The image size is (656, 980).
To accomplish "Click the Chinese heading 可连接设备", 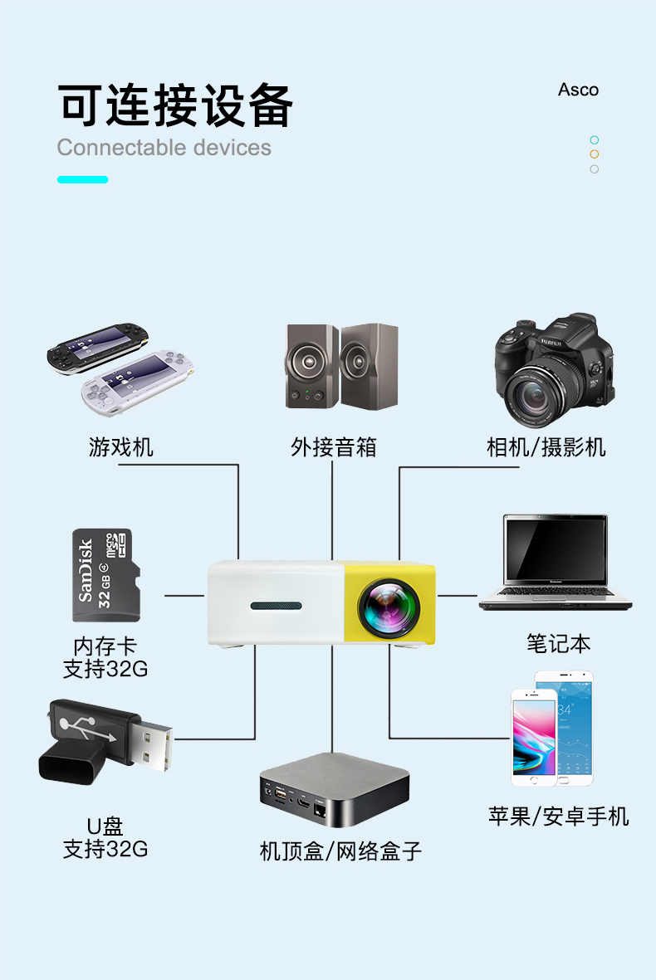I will click(x=175, y=105).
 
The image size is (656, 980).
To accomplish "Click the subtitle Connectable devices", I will click(x=164, y=148).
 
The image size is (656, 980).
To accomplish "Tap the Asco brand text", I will click(x=578, y=90).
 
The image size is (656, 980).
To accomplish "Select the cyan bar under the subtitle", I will click(x=82, y=179).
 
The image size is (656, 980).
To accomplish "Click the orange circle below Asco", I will click(x=594, y=154).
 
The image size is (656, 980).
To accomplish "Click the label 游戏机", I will click(x=121, y=447).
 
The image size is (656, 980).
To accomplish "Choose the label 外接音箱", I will click(x=333, y=447).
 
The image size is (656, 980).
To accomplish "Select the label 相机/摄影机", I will click(x=546, y=447).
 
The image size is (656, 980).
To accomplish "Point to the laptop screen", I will click(x=555, y=549).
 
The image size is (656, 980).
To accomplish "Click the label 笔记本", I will click(x=558, y=643).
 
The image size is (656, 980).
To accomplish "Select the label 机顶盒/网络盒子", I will click(x=340, y=851).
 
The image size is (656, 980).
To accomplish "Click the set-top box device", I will click(x=335, y=788).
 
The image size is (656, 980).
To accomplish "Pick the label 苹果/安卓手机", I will click(x=558, y=817).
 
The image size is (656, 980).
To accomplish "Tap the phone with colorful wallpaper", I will click(x=533, y=739).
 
